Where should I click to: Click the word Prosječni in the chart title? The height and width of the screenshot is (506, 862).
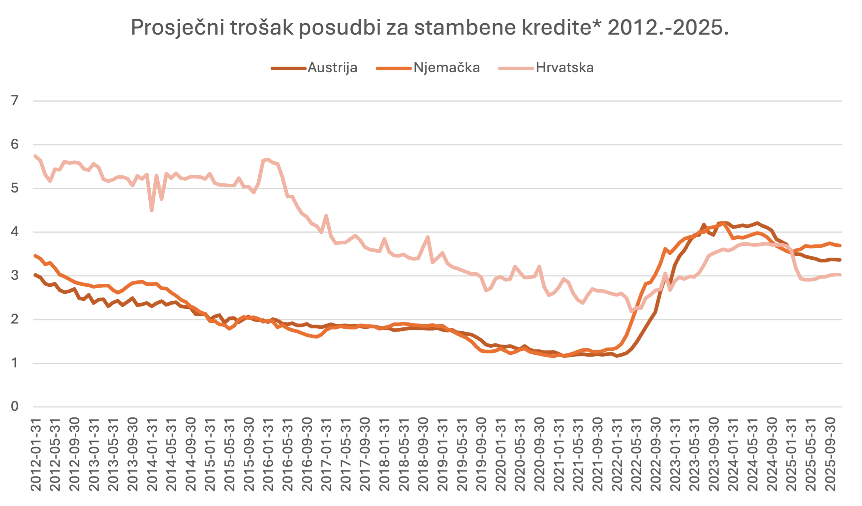pos(177,28)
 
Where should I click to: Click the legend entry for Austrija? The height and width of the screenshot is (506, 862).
pos(332,68)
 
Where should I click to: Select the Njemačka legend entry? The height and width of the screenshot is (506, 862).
pos(446,68)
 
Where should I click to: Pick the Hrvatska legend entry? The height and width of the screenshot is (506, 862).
pos(564,68)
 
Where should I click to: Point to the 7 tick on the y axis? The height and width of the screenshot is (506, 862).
pos(15,100)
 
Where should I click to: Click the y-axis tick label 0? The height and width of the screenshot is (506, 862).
pos(15,407)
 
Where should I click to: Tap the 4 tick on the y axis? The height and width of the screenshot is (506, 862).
pos(15,232)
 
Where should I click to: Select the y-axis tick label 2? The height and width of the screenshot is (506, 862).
pos(15,319)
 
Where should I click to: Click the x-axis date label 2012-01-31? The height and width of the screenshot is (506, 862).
pos(36,454)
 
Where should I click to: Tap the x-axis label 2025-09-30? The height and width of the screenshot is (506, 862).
pos(831,454)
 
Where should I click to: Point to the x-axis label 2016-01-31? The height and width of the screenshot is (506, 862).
pos(268,454)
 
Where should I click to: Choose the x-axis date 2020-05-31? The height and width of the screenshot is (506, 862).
pos(520,454)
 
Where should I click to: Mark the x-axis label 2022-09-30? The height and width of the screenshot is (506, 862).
pos(656,454)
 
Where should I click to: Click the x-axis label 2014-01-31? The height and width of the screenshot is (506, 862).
pos(152,454)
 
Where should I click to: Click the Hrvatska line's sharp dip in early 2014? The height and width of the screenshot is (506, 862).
pos(152,210)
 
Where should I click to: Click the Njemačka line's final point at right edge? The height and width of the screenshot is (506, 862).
pos(840,245)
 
